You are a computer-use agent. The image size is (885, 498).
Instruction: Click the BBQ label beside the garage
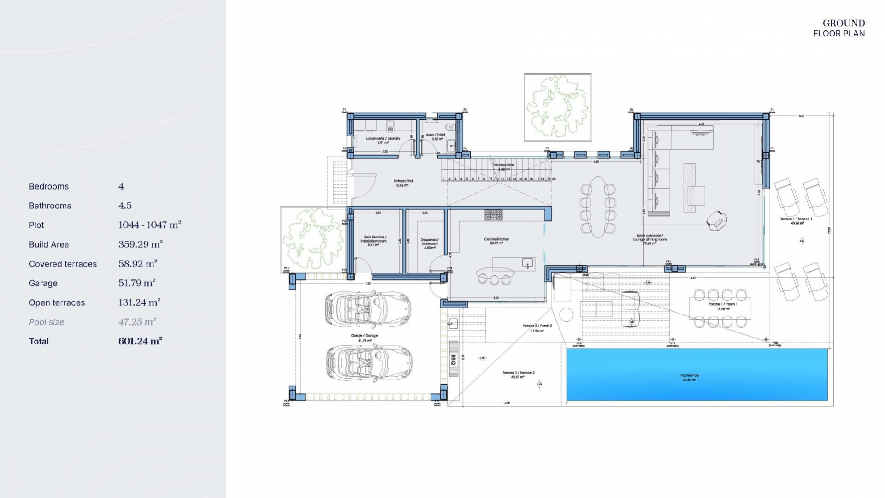coord(453,360)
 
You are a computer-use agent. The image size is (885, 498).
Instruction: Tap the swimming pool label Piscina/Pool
coord(690,378)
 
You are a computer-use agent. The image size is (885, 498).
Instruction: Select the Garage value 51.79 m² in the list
coord(136,283)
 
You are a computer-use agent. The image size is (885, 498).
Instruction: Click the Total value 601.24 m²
coord(140,341)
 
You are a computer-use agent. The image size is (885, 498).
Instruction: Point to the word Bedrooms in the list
coord(49,186)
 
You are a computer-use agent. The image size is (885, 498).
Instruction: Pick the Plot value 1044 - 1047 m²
coord(149,225)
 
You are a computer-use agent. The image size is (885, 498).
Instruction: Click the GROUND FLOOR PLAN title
coord(839,28)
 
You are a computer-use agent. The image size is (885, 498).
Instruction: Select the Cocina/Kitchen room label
coord(496,241)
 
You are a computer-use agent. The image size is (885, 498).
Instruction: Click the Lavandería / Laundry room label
coord(383,140)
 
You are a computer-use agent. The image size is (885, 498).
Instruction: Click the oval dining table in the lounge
coord(598,207)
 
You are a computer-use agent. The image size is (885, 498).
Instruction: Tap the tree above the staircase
coord(558,107)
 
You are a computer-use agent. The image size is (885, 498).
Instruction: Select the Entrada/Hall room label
coord(403,183)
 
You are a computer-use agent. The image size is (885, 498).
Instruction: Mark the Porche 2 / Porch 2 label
coord(537,328)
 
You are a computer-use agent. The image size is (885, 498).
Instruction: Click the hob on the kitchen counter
coord(493,215)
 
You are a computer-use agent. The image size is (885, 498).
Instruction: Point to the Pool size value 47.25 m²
coord(137,321)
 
